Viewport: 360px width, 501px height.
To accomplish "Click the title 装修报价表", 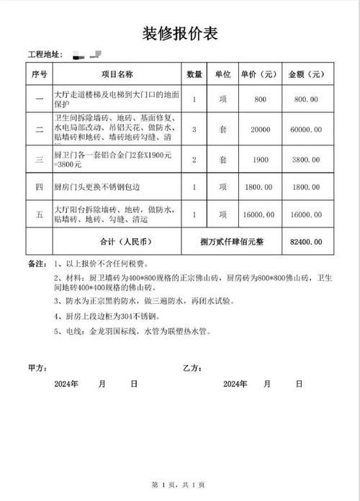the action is (179, 33).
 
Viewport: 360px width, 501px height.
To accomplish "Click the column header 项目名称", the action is (117, 74).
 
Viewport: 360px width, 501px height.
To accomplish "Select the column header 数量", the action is (194, 74).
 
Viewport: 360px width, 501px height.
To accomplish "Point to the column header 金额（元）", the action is (307, 74).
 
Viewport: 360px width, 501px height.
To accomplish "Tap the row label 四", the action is (39, 186).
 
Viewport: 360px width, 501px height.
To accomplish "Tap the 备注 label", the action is (37, 263).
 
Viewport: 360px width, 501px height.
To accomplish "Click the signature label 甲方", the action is (36, 368).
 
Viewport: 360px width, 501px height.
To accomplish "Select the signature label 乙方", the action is (192, 368).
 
